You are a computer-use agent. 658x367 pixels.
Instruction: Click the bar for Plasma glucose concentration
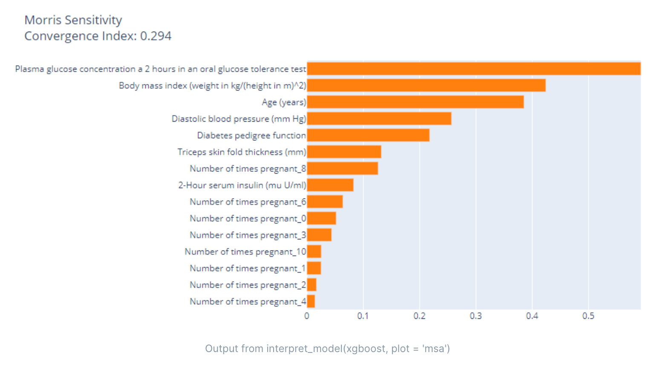473,69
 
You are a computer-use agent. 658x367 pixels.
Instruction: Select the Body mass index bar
426,85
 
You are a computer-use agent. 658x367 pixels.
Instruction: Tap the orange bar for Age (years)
415,102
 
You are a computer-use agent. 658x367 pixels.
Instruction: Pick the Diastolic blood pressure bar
379,119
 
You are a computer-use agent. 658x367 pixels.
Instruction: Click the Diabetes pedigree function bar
368,135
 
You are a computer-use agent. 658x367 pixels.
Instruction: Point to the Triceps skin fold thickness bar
344,152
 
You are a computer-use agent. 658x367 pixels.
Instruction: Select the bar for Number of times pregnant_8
342,169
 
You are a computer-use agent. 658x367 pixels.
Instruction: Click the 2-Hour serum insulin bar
330,185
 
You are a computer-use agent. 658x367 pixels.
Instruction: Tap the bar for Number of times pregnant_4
311,301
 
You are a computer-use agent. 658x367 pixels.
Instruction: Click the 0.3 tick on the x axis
476,316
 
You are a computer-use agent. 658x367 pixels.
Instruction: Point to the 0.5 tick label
588,316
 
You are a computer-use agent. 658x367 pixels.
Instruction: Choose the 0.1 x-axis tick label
363,316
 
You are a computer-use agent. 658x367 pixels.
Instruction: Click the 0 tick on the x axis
307,316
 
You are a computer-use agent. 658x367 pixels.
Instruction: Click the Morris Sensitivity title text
73,20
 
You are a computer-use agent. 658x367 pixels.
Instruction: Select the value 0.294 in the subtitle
156,36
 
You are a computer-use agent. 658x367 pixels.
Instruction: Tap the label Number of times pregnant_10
245,252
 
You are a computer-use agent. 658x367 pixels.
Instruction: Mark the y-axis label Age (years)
284,102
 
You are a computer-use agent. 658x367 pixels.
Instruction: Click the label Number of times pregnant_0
248,218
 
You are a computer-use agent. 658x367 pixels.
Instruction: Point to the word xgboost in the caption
366,349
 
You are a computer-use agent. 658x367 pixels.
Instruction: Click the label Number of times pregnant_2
248,285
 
